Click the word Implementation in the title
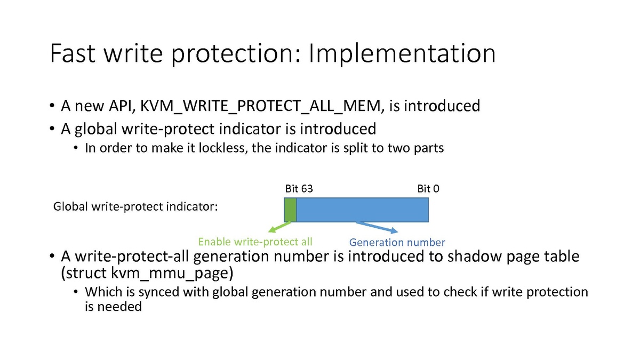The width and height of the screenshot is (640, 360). [x=402, y=54]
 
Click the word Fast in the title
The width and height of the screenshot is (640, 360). [x=73, y=53]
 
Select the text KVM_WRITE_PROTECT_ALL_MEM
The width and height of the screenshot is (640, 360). [x=260, y=106]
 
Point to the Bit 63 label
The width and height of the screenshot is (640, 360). [x=299, y=189]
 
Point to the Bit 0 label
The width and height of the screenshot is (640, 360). [x=428, y=189]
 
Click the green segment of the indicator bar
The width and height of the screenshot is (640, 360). [x=290, y=210]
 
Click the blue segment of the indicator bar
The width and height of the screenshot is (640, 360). [x=363, y=210]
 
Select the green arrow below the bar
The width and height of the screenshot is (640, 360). [x=279, y=227]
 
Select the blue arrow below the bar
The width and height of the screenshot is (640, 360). [x=377, y=227]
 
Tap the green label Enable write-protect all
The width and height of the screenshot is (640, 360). [x=255, y=242]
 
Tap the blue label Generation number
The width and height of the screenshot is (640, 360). [x=397, y=242]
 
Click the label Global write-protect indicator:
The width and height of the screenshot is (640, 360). [x=135, y=206]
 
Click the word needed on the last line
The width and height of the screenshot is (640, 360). [x=119, y=307]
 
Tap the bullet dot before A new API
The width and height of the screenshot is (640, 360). [x=52, y=106]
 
